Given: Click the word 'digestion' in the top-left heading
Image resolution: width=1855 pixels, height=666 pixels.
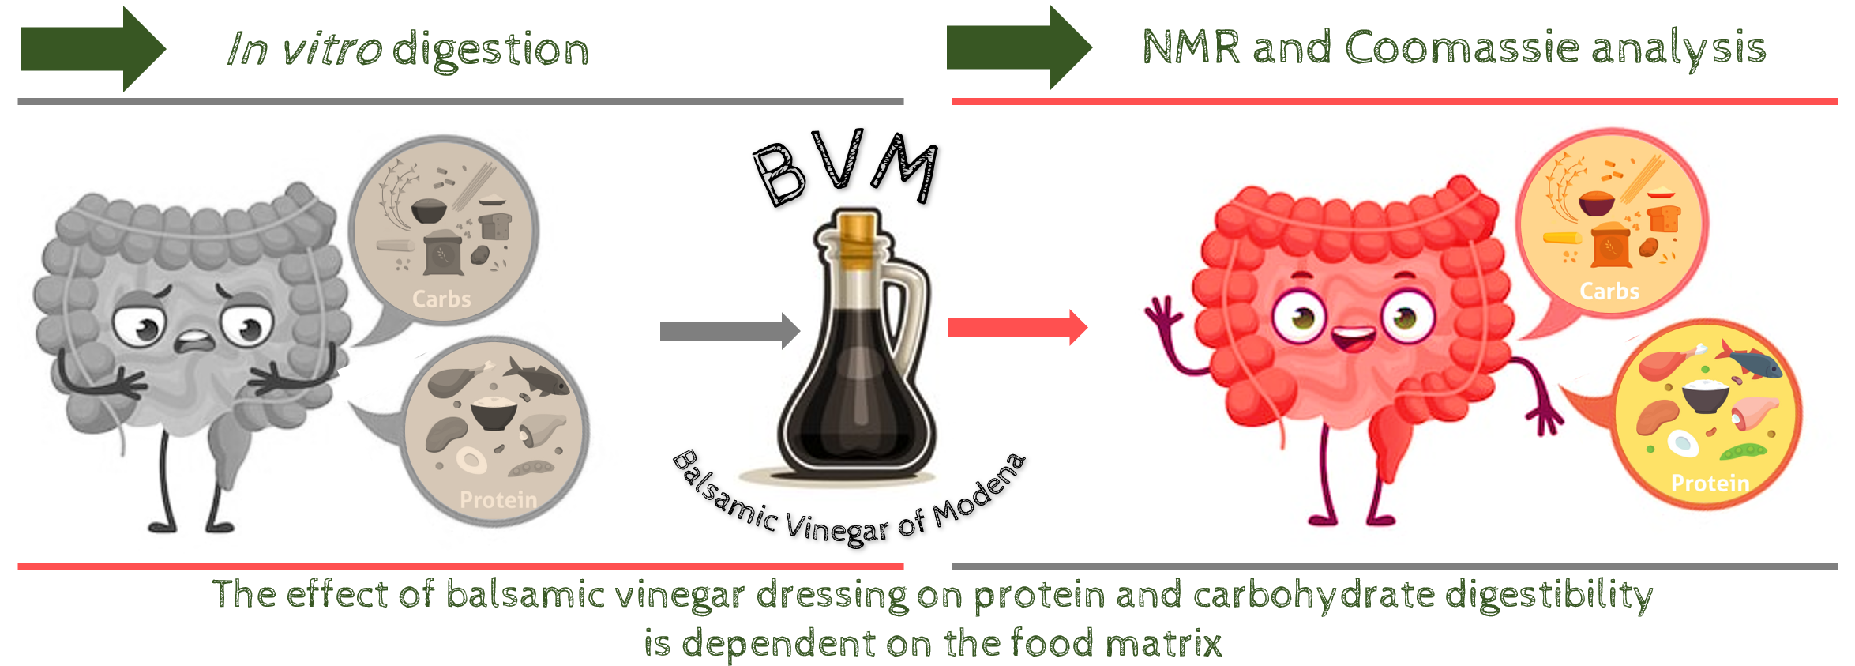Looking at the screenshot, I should click(490, 51).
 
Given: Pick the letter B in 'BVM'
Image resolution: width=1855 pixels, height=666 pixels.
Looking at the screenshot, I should click(779, 174).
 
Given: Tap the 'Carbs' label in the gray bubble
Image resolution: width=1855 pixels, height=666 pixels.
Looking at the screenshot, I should click(441, 299).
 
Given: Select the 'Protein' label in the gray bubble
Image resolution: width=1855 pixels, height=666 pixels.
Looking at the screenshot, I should click(498, 499).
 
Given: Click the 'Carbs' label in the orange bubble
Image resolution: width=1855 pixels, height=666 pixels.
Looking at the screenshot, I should click(1609, 292).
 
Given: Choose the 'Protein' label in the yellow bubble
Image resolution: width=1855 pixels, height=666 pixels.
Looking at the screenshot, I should click(1710, 483).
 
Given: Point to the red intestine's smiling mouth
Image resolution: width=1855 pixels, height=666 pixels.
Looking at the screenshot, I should click(1353, 340).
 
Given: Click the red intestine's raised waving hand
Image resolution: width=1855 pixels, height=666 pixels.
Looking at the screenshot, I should click(1162, 316).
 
